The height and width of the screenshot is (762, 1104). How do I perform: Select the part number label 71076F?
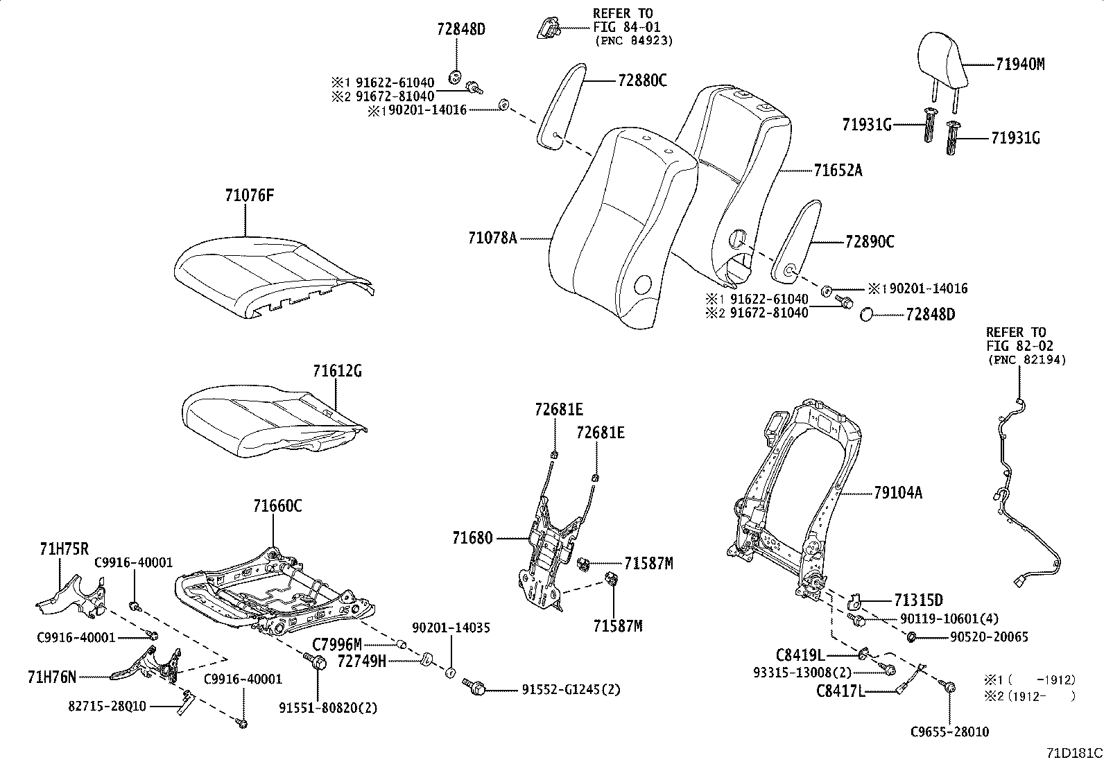click(x=249, y=196)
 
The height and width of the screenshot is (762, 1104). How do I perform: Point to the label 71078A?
click(x=492, y=239)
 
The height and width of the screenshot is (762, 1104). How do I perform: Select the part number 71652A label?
click(x=838, y=170)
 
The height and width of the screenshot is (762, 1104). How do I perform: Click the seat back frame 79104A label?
click(x=898, y=493)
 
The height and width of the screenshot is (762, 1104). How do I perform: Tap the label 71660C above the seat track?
click(x=277, y=506)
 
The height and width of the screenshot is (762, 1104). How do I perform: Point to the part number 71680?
click(x=472, y=538)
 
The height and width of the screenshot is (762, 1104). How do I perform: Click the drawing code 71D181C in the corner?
click(x=1073, y=753)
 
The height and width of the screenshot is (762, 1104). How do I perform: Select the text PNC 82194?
click(x=1026, y=361)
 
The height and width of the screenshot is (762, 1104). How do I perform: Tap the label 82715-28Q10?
click(x=107, y=707)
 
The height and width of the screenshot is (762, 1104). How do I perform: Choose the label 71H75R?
click(x=64, y=550)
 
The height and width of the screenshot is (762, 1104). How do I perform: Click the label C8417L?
click(x=839, y=691)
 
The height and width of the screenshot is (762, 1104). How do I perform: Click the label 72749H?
click(x=361, y=661)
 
